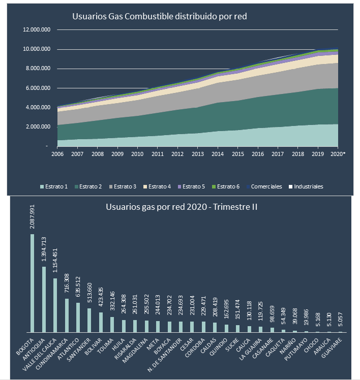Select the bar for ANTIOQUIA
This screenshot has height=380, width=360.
(x=44, y=299)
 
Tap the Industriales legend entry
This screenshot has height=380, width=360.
(x=305, y=186)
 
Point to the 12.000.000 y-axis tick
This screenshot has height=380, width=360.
(x=37, y=30)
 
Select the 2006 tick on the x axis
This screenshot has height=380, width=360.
(x=57, y=153)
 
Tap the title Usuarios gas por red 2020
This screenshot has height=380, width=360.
(x=168, y=207)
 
